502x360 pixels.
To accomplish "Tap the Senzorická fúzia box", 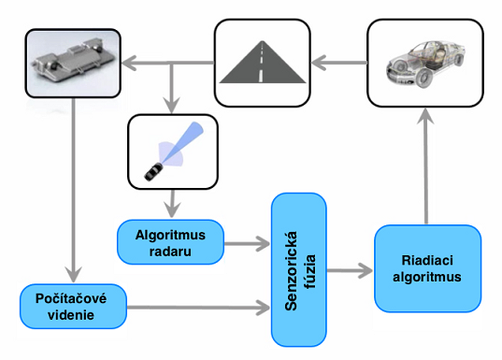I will point(298,268).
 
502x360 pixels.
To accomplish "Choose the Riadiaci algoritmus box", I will point(427,268).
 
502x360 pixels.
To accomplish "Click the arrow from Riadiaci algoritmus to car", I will point(427,164).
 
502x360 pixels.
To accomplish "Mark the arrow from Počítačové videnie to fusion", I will point(196,307).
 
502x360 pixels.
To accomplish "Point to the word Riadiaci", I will point(427,261).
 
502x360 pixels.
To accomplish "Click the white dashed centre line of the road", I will point(262,64).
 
